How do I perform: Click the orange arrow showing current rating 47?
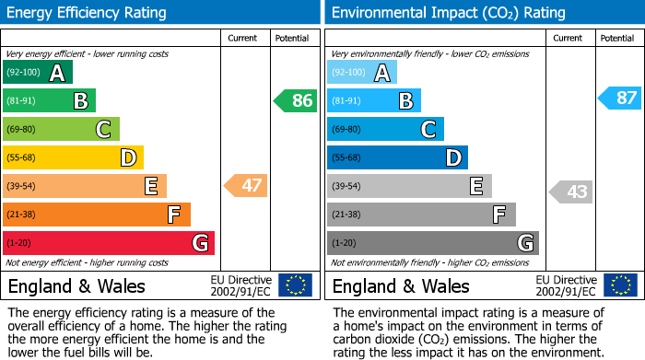246,186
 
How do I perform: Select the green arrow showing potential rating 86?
296,101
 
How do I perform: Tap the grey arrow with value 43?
571,192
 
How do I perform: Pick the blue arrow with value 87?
620,98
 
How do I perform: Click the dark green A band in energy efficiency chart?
38,73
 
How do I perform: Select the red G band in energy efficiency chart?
109,243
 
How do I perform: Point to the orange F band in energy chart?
97,215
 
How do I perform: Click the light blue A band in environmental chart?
362,73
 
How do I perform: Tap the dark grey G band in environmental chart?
433,243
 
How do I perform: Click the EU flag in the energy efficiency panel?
295,285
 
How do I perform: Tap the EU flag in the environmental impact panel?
619,285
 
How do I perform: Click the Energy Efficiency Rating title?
88,13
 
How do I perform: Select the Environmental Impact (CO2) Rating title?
448,13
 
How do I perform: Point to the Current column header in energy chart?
242,38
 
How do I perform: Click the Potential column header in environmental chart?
616,38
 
